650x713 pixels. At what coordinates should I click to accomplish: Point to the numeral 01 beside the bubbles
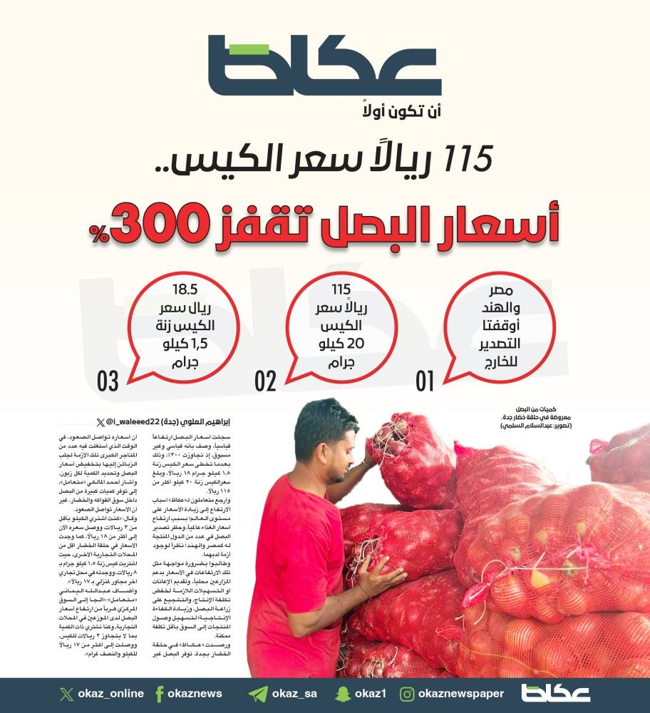[x=425, y=381]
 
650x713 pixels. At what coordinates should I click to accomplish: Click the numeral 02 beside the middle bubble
[x=265, y=381]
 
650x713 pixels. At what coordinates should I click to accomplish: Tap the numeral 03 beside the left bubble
[x=108, y=381]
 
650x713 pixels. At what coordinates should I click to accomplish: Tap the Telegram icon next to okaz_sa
[x=259, y=694]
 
